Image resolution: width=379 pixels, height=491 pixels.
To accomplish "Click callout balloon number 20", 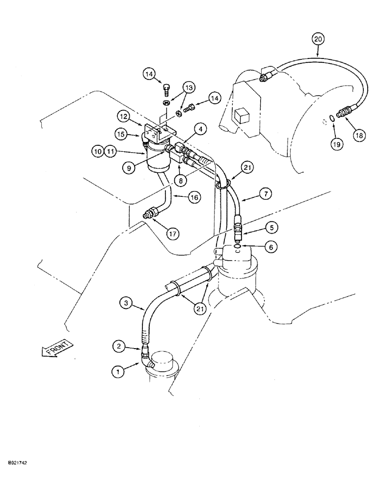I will pos(318,38).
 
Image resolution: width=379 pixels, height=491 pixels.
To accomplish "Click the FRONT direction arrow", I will pos(57,349).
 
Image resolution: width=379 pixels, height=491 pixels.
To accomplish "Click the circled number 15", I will pos(121,133).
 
